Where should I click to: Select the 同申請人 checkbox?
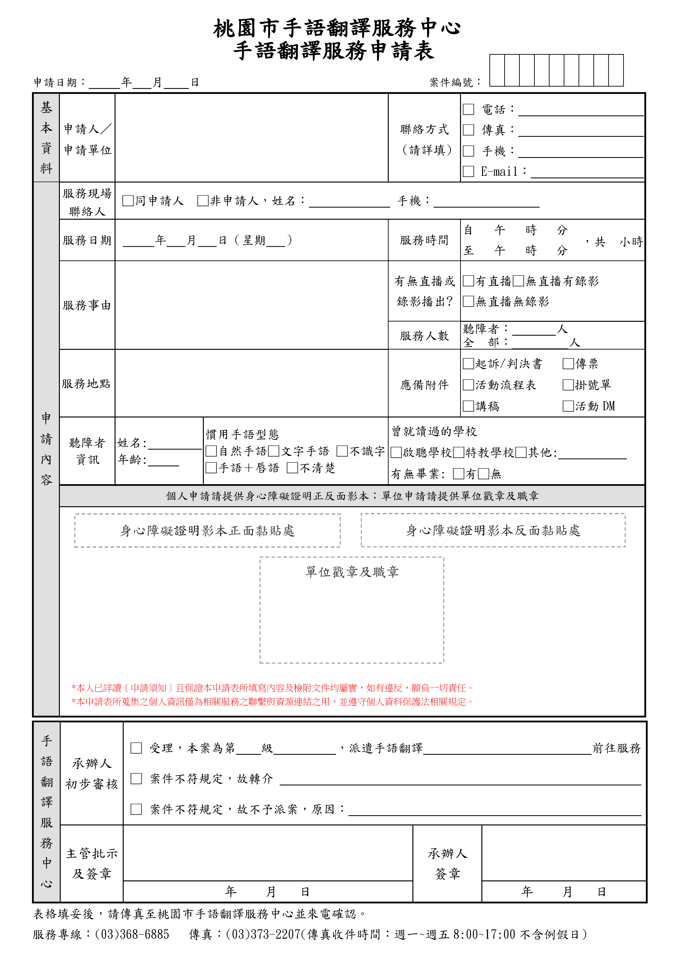tap(128, 201)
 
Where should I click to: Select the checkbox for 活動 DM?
tap(568, 406)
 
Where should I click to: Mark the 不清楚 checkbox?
tap(292, 468)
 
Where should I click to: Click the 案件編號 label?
tap(451, 82)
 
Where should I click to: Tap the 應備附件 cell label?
tap(424, 385)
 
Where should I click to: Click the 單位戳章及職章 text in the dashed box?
tap(352, 572)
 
